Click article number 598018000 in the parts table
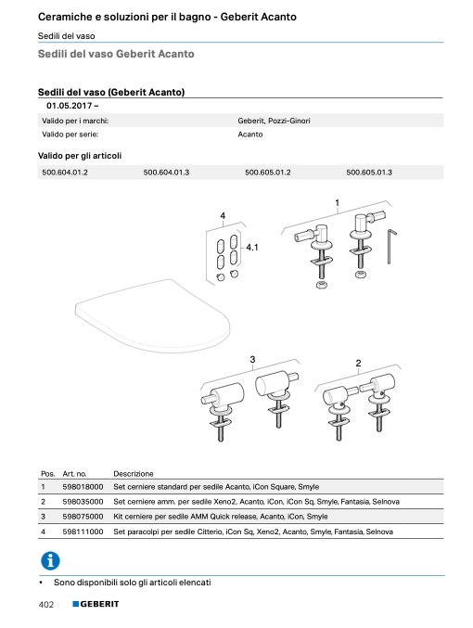pyautogui.click(x=83, y=487)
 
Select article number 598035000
pyautogui.click(x=83, y=502)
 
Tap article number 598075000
pyautogui.click(x=83, y=517)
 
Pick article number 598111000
pyautogui.click(x=83, y=532)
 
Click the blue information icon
pyautogui.click(x=50, y=560)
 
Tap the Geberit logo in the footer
pyautogui.click(x=96, y=604)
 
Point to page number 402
pyautogui.click(x=46, y=605)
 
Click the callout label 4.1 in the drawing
pyautogui.click(x=252, y=248)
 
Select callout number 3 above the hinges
pyautogui.click(x=252, y=359)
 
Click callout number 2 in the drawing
pyautogui.click(x=358, y=363)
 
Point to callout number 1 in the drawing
pyautogui.click(x=337, y=202)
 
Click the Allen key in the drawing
pyautogui.click(x=390, y=247)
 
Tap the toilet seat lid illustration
pyautogui.click(x=152, y=316)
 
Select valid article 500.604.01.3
pyautogui.click(x=166, y=173)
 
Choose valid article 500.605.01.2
pyautogui.click(x=267, y=173)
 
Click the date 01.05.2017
pyautogui.click(x=70, y=106)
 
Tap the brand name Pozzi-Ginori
pyautogui.click(x=288, y=121)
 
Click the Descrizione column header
pyautogui.click(x=134, y=474)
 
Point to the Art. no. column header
pyautogui.click(x=74, y=474)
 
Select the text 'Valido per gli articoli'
pyautogui.click(x=80, y=156)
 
